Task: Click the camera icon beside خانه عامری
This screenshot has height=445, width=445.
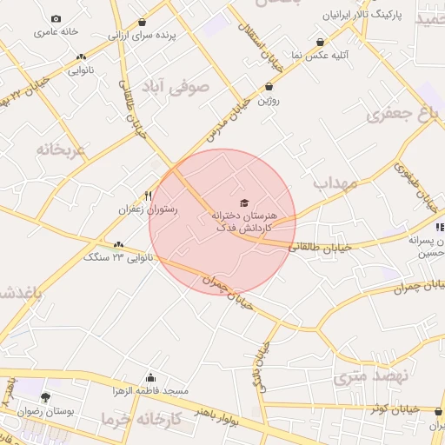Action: point(56,19)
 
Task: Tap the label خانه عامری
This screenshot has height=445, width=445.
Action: point(56,32)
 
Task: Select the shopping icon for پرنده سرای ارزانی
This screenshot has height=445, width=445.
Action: point(142,23)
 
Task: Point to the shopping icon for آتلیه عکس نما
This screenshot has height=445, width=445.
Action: point(321,42)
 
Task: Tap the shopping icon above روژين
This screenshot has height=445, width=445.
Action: point(269,86)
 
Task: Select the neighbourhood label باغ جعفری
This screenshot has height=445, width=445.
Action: point(400,116)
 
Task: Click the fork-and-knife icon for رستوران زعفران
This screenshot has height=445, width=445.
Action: point(148,196)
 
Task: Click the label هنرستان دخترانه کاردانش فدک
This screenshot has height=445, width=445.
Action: point(246,220)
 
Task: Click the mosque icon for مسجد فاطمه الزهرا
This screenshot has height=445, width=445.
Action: point(151,377)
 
